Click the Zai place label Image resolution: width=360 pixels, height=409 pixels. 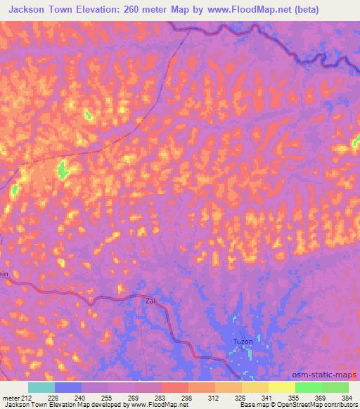click(x=150, y=300)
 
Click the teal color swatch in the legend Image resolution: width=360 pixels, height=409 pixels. click(x=41, y=387)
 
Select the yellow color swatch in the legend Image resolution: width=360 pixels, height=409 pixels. click(x=282, y=387)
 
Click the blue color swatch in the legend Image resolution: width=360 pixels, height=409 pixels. click(x=68, y=387)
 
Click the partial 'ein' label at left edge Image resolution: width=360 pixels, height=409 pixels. click(x=4, y=275)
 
